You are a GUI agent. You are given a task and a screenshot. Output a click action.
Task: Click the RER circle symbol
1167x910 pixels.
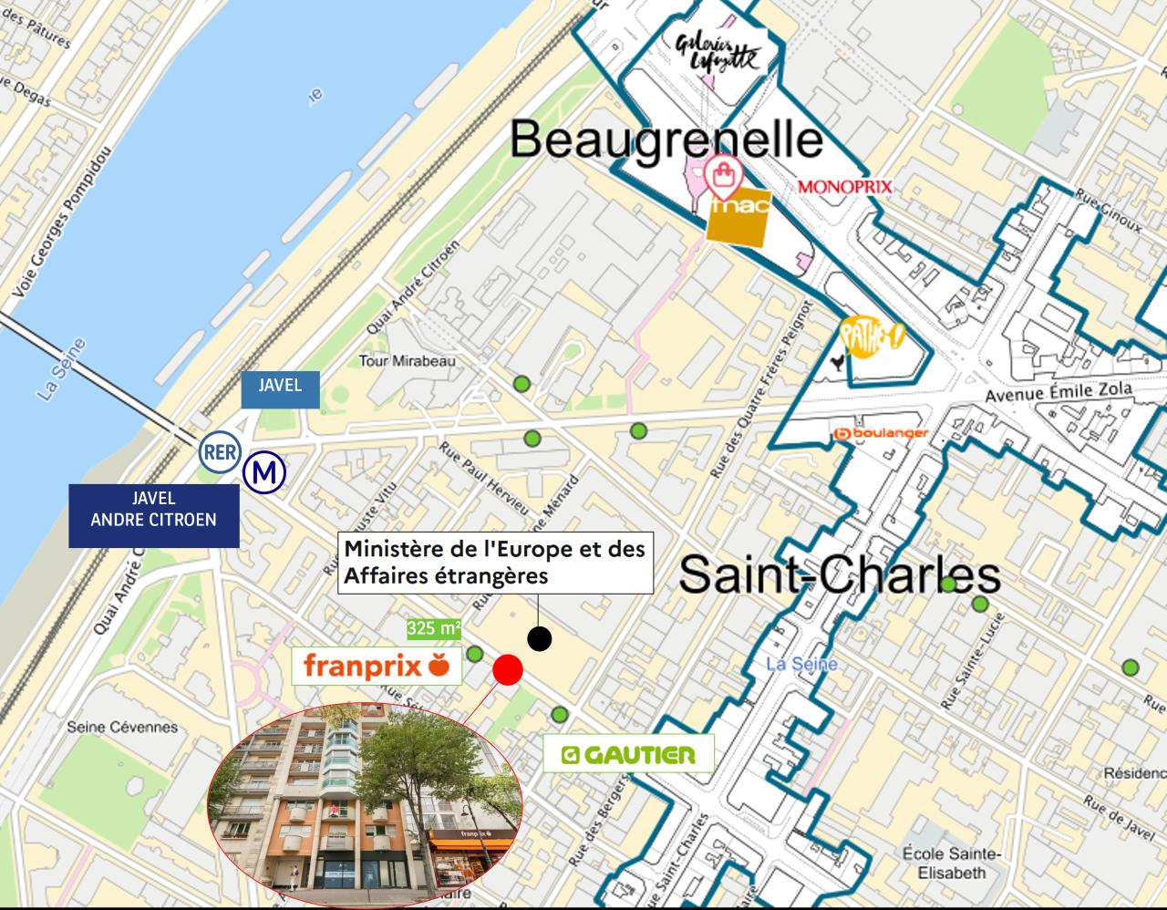pyautogui.click(x=219, y=452)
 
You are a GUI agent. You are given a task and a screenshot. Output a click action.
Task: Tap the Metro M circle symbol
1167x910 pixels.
pyautogui.click(x=265, y=472)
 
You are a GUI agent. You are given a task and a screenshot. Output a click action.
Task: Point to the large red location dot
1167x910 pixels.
pyautogui.click(x=508, y=669)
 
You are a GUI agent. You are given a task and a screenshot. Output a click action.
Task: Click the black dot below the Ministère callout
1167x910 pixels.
pyautogui.click(x=540, y=639)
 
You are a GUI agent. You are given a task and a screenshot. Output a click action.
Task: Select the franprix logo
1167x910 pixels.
pyautogui.click(x=377, y=666)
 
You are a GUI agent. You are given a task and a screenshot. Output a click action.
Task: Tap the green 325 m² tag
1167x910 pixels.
pyautogui.click(x=433, y=629)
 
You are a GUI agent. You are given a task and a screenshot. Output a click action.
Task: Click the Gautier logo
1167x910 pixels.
pyautogui.click(x=628, y=755)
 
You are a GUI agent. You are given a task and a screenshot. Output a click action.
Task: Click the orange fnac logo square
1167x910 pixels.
pyautogui.click(x=738, y=217)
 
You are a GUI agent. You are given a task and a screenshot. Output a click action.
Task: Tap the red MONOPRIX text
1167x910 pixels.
pyautogui.click(x=844, y=187)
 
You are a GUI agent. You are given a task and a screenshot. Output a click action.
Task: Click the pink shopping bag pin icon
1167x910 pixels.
pyautogui.click(x=723, y=175)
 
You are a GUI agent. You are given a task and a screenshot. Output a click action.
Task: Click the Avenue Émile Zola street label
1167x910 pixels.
pyautogui.click(x=1059, y=393)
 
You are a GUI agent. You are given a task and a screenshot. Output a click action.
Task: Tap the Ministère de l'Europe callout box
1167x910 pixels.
pyautogui.click(x=495, y=563)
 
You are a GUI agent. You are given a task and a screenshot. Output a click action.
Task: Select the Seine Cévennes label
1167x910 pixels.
pyautogui.click(x=122, y=728)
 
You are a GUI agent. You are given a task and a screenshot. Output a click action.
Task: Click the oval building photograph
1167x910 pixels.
pyautogui.click(x=365, y=801)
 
